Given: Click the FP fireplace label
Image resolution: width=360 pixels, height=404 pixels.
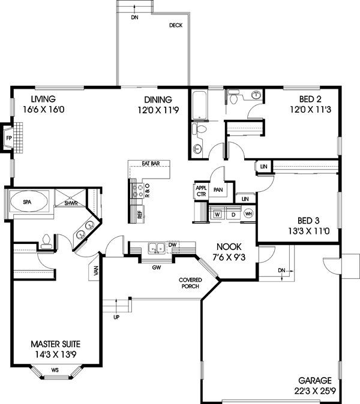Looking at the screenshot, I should (8, 138).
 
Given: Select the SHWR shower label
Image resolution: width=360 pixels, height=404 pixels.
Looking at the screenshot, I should (71, 203).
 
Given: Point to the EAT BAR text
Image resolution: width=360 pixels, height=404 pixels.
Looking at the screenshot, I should (150, 163).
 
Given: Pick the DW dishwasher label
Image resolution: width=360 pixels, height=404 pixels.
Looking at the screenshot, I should (172, 245).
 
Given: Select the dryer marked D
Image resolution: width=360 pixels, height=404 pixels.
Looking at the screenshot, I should (232, 214).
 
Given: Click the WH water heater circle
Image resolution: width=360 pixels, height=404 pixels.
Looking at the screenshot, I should (248, 214).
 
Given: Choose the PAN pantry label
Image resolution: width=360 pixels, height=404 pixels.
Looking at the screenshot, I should (218, 190).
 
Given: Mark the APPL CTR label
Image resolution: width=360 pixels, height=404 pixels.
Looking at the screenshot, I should (201, 191).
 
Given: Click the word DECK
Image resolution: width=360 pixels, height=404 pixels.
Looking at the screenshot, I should (175, 26).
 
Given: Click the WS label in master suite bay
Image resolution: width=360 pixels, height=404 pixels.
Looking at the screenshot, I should (55, 370).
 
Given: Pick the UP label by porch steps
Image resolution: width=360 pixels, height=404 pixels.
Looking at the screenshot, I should (116, 317).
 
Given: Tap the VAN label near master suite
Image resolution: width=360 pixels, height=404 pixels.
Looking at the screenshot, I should (96, 272).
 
